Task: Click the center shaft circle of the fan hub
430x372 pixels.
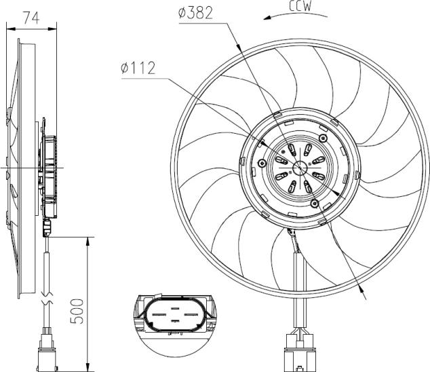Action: pyautogui.click(x=300, y=170)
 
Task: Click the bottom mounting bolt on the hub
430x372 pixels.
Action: pyautogui.click(x=313, y=204)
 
